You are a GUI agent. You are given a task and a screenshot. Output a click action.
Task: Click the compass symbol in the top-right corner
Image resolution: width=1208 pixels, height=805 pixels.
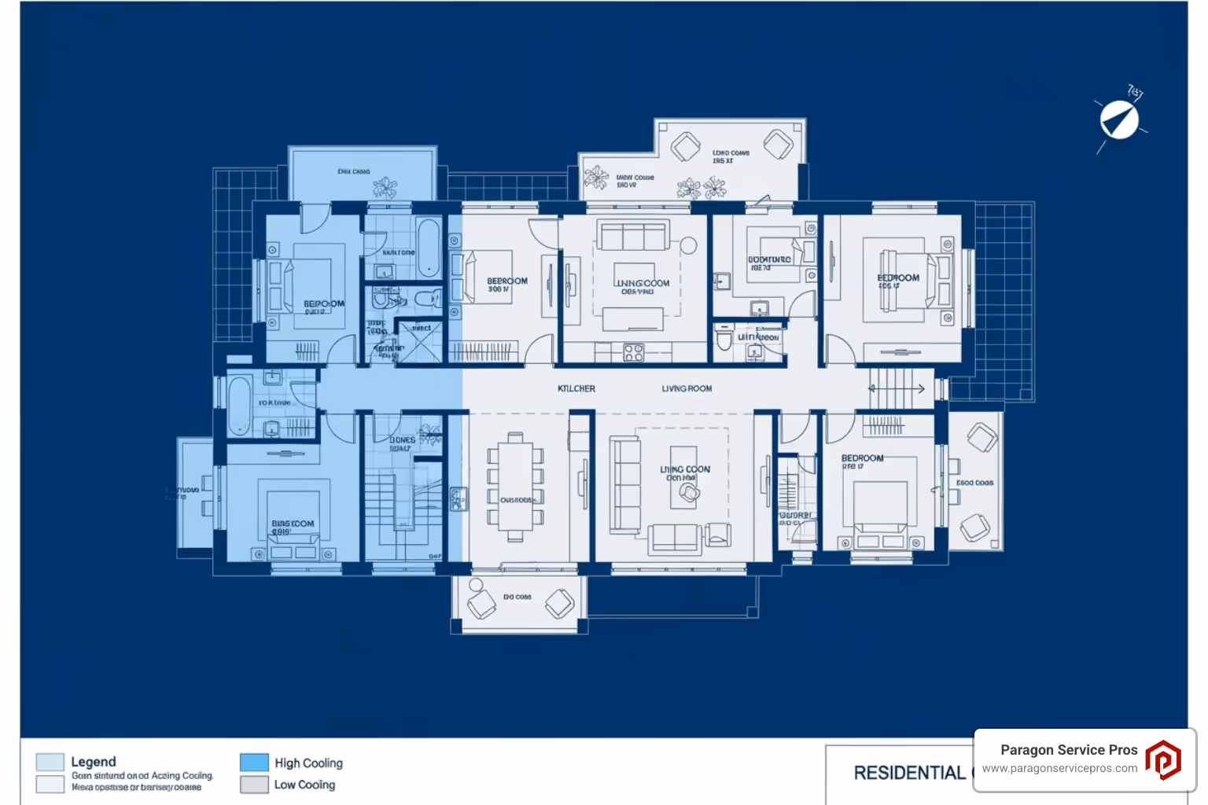click(1119, 120)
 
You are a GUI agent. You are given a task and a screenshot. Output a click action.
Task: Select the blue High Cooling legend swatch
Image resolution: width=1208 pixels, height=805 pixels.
click(254, 763)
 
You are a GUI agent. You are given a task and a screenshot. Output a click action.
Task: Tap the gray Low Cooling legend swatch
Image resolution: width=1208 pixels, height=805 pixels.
click(254, 785)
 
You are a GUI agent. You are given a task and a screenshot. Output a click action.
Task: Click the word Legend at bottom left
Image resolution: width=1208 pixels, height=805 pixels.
click(94, 762)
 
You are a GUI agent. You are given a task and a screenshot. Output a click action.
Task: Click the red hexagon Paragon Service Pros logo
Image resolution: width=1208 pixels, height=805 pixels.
click(1162, 760)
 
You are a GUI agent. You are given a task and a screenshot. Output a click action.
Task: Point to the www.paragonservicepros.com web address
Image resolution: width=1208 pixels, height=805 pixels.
click(1059, 769)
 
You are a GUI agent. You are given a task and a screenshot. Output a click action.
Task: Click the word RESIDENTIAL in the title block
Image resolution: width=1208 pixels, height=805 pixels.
click(909, 773)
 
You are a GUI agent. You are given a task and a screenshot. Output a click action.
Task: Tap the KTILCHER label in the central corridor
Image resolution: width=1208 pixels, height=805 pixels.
click(576, 388)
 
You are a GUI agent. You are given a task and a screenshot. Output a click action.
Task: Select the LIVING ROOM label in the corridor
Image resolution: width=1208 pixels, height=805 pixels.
click(687, 388)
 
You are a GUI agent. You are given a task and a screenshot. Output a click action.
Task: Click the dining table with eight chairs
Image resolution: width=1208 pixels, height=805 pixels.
click(515, 487)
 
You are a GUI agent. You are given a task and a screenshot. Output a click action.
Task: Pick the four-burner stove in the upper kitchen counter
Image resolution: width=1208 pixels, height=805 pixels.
click(633, 353)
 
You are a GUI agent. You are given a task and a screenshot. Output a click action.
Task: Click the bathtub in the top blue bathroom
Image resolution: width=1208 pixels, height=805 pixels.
click(429, 247)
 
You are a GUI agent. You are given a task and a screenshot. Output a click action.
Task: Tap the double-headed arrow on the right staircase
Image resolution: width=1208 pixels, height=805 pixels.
click(897, 388)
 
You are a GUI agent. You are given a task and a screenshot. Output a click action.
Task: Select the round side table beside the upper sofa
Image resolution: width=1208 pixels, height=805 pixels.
click(689, 246)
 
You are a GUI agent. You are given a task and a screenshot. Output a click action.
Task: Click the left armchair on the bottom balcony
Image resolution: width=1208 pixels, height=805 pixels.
click(481, 605)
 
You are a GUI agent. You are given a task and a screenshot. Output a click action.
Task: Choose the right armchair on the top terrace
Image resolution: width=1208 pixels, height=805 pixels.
click(778, 144)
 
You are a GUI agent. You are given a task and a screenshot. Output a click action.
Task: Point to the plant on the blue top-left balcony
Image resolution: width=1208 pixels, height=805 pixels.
click(385, 187)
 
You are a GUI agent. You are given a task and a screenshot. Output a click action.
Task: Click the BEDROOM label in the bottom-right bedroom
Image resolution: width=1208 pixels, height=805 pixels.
click(862, 458)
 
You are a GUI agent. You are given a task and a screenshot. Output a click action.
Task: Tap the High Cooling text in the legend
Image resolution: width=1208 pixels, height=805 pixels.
click(308, 763)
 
